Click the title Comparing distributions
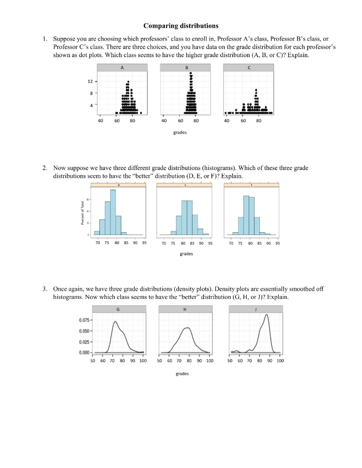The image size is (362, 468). point(181,26)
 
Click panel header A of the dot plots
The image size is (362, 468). point(122,67)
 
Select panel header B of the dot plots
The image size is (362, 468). point(186,67)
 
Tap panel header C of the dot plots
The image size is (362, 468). point(248,67)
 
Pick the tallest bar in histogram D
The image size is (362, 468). point(113,210)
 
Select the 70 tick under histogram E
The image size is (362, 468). point(163,244)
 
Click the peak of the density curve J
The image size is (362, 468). point(266,315)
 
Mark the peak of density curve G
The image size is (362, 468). point(115,322)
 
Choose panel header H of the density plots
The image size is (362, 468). point(184,309)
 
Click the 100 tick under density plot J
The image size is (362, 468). point(280,361)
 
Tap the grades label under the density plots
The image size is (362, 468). point(182,373)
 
